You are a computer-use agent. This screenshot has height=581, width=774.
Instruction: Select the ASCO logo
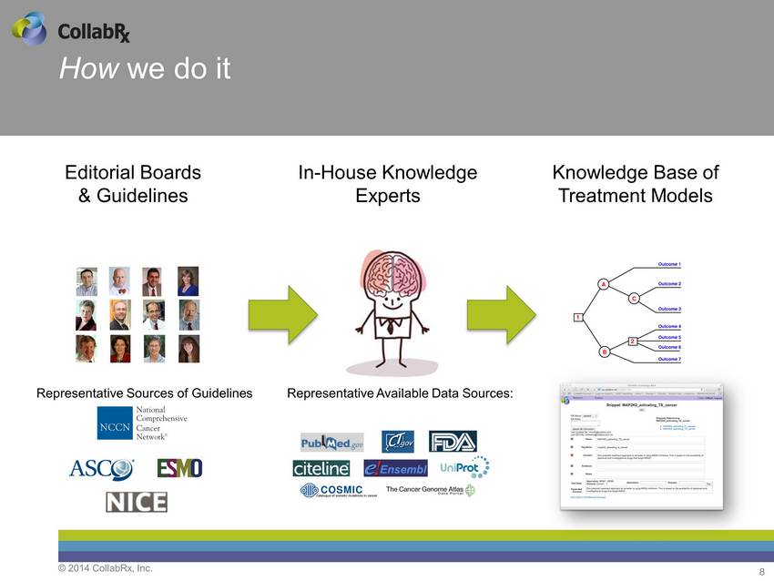[x=101, y=469]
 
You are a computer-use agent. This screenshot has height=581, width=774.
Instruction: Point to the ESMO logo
[x=179, y=468]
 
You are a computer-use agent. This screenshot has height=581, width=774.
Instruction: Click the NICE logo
[x=136, y=502]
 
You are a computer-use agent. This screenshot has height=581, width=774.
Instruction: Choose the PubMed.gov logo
[x=331, y=443]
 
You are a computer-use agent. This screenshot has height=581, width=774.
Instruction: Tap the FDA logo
[x=453, y=442]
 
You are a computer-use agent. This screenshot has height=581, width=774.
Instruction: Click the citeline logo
[x=321, y=468]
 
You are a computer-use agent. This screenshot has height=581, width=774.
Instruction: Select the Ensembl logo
[x=395, y=468]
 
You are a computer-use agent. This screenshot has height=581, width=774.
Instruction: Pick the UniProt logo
[x=463, y=467]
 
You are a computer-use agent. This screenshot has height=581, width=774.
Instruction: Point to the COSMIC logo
[x=332, y=491]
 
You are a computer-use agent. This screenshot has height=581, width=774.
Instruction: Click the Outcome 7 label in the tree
[x=669, y=359]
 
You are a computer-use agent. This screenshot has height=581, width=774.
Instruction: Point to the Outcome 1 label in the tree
[x=669, y=264]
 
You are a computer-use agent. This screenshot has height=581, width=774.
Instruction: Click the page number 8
[x=761, y=571]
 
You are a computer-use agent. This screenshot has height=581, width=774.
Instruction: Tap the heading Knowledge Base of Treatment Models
[x=635, y=184]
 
